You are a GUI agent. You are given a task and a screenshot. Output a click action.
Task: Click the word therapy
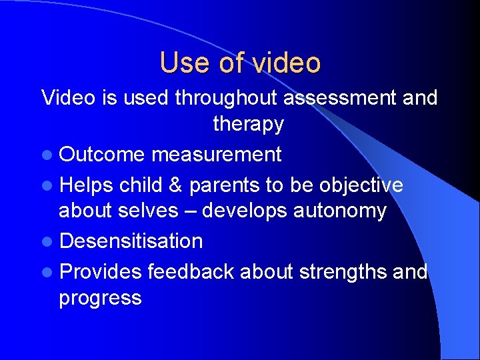tap(248, 124)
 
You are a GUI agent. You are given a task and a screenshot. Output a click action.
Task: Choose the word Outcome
tap(101, 155)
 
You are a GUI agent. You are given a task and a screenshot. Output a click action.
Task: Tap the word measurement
tap(216, 155)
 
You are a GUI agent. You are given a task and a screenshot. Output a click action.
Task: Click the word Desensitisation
tap(131, 241)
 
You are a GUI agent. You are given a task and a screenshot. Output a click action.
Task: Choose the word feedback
tap(191, 271)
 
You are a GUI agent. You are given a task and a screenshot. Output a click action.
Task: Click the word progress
tap(100, 298)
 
